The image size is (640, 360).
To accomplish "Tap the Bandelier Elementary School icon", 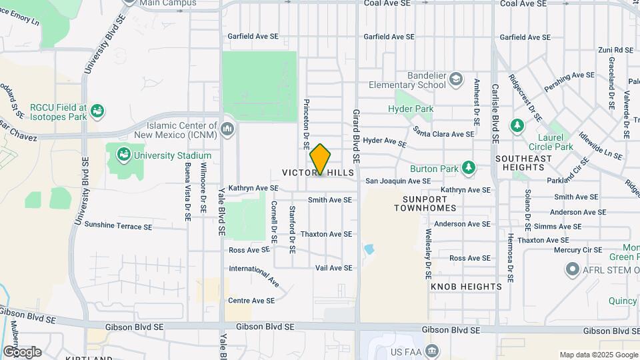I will (x=455, y=80).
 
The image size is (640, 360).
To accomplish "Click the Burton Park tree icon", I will (x=469, y=167).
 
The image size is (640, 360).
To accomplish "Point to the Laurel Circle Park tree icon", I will (x=517, y=125).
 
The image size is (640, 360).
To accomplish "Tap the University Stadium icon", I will (x=123, y=155).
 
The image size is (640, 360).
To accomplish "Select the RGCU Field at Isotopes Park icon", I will (x=97, y=110).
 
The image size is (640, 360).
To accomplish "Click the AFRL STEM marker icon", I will (x=572, y=270).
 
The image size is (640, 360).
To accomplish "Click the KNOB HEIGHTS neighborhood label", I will (x=466, y=287).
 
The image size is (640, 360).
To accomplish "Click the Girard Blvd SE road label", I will (x=357, y=137).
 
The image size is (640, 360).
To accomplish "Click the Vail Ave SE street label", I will (x=333, y=267).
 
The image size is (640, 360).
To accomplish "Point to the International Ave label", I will (x=254, y=273).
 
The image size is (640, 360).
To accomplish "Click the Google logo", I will (x=22, y=351).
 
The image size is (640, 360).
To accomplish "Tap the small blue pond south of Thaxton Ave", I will (x=369, y=250).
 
